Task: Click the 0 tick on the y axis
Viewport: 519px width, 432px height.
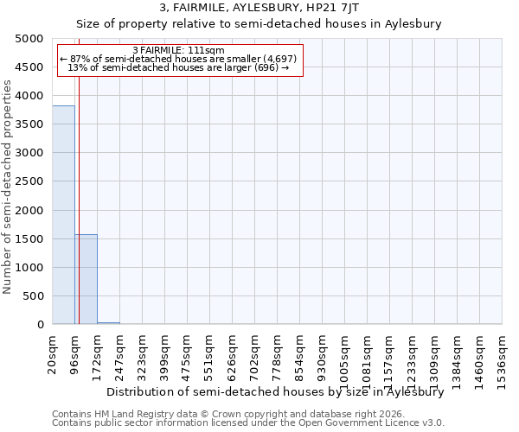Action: click(40, 325)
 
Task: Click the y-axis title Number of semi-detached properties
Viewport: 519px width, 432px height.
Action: click(8, 187)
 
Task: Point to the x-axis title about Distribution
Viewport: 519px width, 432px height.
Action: click(275, 391)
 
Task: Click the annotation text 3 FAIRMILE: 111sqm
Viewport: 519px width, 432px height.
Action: click(179, 51)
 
